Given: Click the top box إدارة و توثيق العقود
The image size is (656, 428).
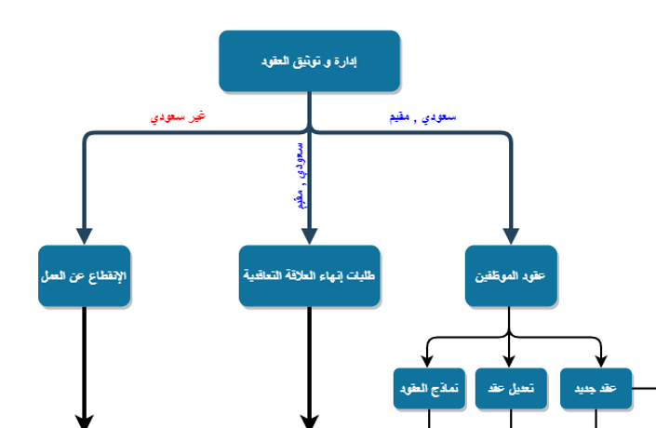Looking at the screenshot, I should (x=309, y=61).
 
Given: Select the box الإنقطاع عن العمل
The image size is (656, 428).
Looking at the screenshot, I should (x=84, y=276).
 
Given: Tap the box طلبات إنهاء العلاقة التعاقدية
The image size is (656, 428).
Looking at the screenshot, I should (x=309, y=276).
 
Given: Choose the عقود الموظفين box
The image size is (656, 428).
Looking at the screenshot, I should (x=510, y=276).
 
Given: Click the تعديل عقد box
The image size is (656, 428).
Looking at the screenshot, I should (x=510, y=389).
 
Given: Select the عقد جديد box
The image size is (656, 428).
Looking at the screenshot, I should (x=596, y=389).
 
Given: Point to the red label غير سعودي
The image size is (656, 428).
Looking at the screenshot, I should (x=178, y=118).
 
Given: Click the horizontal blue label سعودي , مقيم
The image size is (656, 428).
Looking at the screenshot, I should (x=422, y=118).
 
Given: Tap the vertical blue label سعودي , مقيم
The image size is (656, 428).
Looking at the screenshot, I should (x=299, y=175).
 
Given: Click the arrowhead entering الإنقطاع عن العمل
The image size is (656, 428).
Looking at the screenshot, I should (x=84, y=236).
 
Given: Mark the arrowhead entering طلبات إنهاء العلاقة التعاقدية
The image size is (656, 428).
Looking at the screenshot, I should (x=309, y=236).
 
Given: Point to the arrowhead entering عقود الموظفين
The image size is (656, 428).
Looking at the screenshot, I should (x=510, y=236).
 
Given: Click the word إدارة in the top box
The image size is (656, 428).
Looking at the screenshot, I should (x=344, y=61).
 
